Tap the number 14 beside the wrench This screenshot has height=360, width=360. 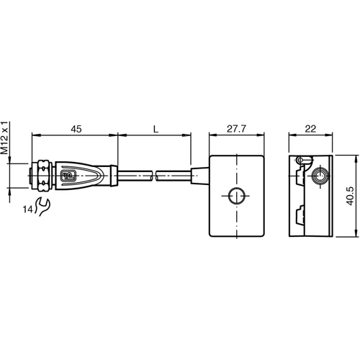coord(27,210)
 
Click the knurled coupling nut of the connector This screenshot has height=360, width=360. coord(43,175)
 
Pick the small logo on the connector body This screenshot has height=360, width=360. coord(69,174)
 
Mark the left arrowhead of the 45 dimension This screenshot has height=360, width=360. coord(35,135)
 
